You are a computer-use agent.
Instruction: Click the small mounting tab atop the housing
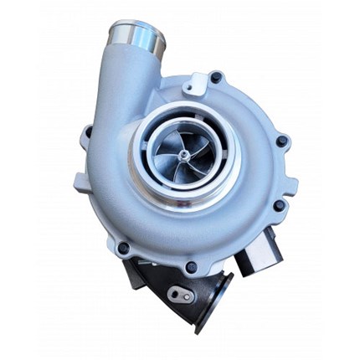tap(198, 82)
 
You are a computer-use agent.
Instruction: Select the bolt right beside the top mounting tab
tap(217, 79)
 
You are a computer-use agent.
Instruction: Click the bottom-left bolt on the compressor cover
tap(124, 248)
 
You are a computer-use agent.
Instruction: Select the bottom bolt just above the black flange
tap(192, 267)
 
